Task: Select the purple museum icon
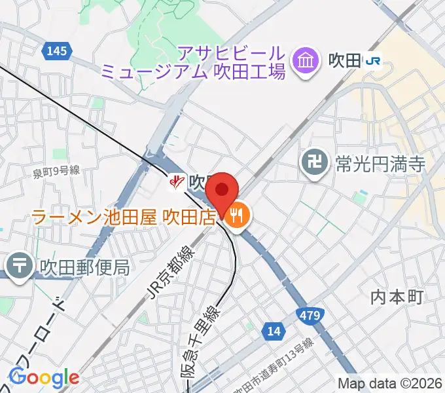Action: pos(305,62)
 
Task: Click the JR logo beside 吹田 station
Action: pos(374,62)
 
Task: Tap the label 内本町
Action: pos(398,297)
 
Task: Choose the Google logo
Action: pos(44,378)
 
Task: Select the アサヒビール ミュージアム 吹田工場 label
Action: pos(233,62)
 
